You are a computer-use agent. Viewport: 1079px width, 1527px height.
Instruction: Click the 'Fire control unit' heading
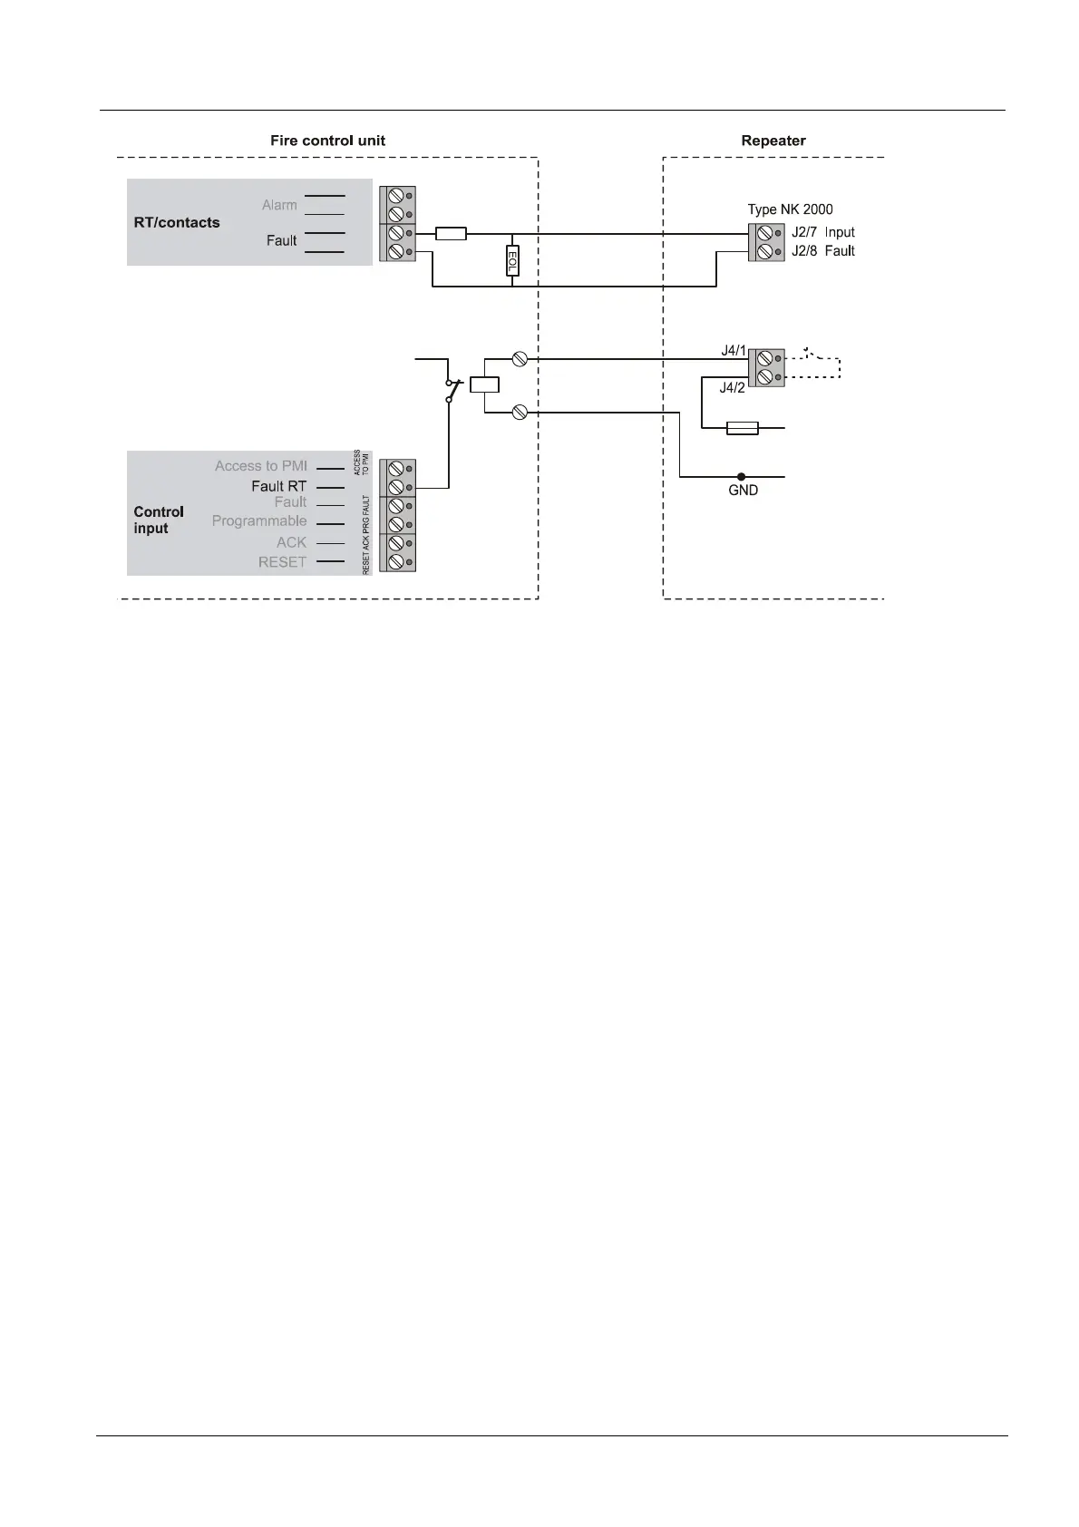pos(327,141)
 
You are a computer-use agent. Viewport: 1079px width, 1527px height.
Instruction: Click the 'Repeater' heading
pos(773,141)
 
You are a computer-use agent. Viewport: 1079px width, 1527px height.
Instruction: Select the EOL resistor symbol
pos(512,261)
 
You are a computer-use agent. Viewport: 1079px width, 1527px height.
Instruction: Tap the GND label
pos(743,491)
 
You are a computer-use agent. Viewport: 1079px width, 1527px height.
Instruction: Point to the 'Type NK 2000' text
pos(790,209)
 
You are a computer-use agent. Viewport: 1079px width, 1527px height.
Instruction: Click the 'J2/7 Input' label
pos(822,233)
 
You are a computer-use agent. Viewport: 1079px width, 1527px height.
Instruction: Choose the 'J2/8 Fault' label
pos(822,251)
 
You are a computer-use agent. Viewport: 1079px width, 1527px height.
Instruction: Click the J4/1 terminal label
pos(734,351)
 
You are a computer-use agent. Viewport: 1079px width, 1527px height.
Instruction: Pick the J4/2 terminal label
pos(732,388)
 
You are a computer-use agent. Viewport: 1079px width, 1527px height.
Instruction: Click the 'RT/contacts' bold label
pos(177,222)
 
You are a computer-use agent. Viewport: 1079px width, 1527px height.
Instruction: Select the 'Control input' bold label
pos(159,520)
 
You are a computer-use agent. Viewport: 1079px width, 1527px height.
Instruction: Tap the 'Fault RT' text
pos(278,486)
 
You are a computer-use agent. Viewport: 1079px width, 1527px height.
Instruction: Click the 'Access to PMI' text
pos(260,466)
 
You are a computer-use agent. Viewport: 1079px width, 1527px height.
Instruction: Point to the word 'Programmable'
pos(259,521)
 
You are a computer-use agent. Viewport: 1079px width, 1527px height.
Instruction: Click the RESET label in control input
pos(282,562)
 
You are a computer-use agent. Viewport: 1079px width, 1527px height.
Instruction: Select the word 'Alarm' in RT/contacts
pos(279,205)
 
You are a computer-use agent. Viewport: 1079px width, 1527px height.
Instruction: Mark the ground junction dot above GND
pos(741,476)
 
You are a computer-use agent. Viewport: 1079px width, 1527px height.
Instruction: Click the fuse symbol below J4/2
pos(743,427)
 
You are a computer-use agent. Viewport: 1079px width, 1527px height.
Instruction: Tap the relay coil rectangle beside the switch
pos(485,384)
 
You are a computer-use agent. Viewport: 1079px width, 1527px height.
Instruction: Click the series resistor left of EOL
pos(451,234)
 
